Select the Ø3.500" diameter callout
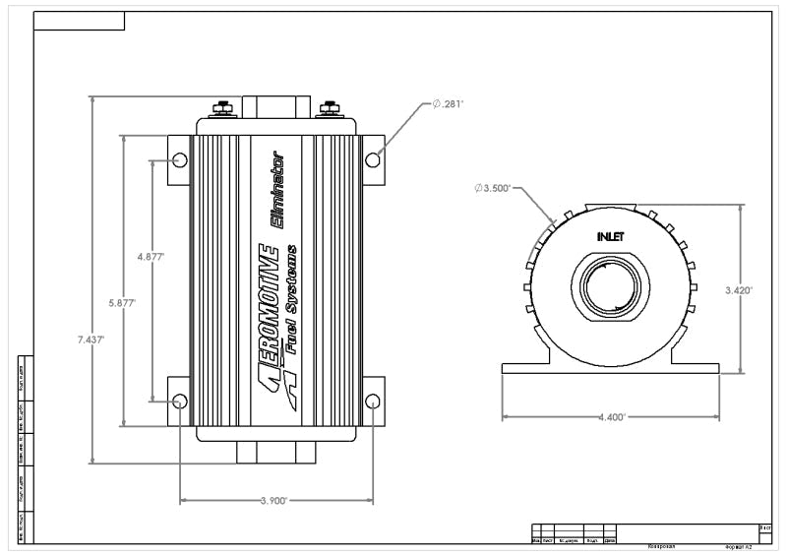click(492, 187)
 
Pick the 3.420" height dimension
click(738, 290)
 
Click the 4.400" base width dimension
click(610, 417)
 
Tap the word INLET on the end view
click(611, 236)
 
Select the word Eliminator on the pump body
click(277, 192)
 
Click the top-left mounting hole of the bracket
click(179, 159)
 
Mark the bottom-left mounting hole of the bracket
click(179, 402)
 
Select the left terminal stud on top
click(221, 107)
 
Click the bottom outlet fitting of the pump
click(274, 452)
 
